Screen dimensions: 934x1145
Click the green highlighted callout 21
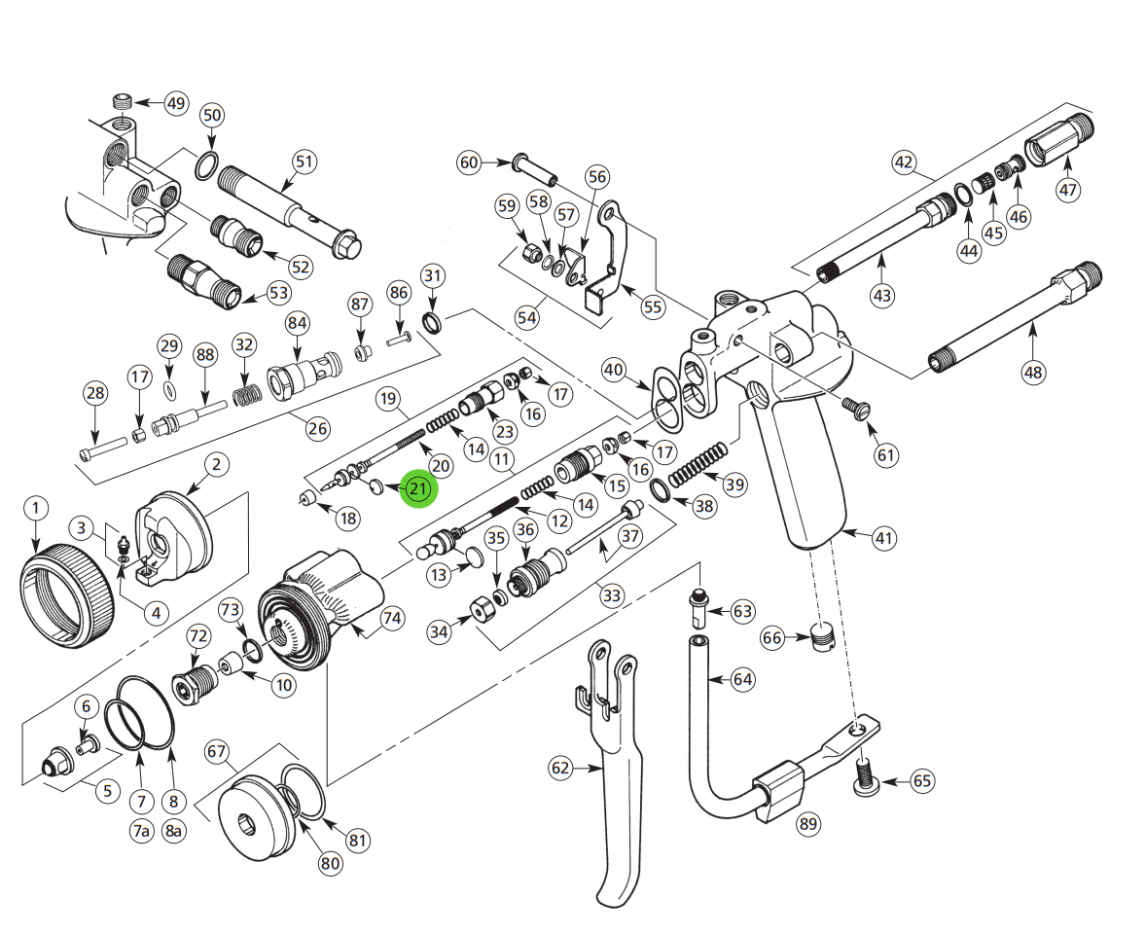click(418, 488)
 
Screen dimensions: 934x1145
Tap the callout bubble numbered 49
click(174, 103)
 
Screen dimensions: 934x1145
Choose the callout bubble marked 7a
click(142, 830)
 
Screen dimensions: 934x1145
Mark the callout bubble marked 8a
click(174, 830)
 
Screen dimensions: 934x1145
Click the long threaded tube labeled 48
click(1012, 321)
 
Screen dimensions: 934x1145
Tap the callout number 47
click(1068, 190)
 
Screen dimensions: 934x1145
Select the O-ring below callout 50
click(205, 166)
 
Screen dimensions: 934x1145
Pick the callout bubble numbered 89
click(807, 824)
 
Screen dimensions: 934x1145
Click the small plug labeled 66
click(823, 637)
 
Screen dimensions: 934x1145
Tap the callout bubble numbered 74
click(391, 618)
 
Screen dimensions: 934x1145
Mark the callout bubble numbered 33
click(611, 594)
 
